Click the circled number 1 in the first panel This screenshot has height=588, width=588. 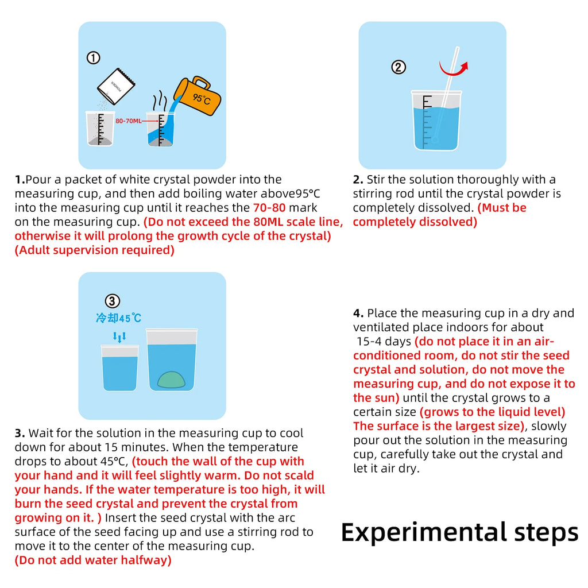pyautogui.click(x=94, y=57)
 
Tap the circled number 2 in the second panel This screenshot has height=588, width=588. pyautogui.click(x=399, y=67)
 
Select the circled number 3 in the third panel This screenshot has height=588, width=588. pyautogui.click(x=113, y=301)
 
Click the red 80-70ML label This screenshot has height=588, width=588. pyautogui.click(x=128, y=121)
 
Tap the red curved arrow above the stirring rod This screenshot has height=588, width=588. pyautogui.click(x=453, y=67)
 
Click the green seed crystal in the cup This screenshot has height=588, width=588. pyautogui.click(x=172, y=380)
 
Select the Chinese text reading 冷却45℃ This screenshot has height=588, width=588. pyautogui.click(x=118, y=318)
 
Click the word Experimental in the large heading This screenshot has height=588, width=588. pyautogui.click(x=420, y=532)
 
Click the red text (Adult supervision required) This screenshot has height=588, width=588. pyautogui.click(x=94, y=250)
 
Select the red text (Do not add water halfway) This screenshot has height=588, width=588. pyautogui.click(x=93, y=560)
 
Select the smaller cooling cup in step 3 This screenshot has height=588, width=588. pyautogui.click(x=119, y=368)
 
